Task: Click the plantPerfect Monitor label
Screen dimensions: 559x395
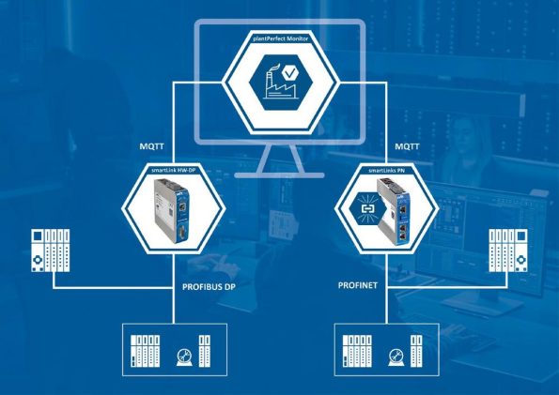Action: coord(281,38)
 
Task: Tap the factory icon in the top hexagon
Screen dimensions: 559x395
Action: coord(280,85)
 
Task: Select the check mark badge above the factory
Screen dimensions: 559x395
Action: coord(290,72)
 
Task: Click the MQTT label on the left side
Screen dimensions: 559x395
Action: coord(152,146)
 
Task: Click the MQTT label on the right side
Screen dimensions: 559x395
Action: coord(407,146)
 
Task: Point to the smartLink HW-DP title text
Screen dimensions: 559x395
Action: coord(174,170)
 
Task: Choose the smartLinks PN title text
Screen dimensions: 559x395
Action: coord(386,170)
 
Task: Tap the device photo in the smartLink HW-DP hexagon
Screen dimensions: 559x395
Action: coord(172,210)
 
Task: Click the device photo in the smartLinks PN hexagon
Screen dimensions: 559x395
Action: coord(393,208)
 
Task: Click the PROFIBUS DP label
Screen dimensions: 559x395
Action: coord(209,287)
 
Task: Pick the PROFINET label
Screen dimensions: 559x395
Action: coord(358,285)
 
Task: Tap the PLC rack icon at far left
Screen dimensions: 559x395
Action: coord(51,251)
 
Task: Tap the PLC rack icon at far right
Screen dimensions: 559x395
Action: coord(508,251)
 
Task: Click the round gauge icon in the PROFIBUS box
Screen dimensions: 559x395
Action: coord(184,357)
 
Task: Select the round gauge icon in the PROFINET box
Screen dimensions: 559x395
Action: coord(396,357)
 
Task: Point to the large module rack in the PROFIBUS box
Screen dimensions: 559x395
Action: coord(145,351)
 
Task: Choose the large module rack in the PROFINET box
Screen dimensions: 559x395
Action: coord(357,351)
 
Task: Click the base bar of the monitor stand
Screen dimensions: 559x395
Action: coord(280,175)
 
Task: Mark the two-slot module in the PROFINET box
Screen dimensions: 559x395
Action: coord(416,351)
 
